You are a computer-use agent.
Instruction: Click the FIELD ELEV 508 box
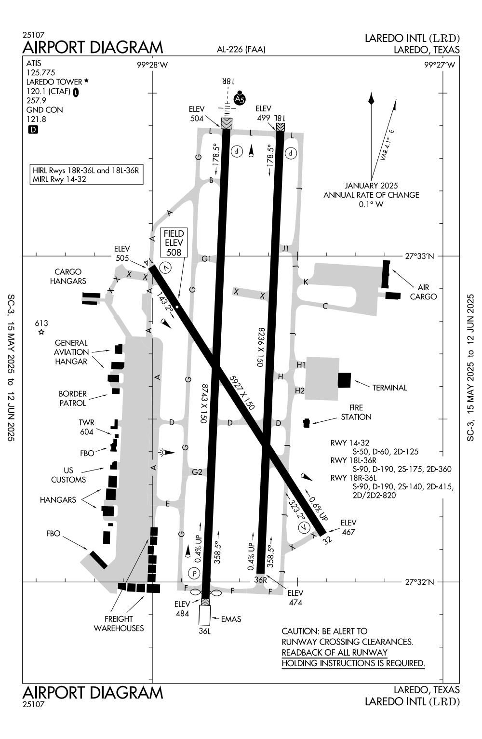[x=174, y=243]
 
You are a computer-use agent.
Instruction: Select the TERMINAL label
[x=389, y=388]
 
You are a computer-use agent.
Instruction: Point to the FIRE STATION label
[x=356, y=412]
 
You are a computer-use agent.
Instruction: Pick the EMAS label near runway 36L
[x=231, y=619]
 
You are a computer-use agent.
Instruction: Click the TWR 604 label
[x=87, y=428]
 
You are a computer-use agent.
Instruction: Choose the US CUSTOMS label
[x=68, y=475]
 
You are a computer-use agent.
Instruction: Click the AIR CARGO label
[x=423, y=292]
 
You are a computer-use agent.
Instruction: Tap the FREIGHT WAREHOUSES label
[x=119, y=623]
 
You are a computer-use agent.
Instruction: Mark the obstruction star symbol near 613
[x=41, y=332]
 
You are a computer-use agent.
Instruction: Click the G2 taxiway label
[x=197, y=472]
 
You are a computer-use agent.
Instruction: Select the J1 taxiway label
[x=285, y=249]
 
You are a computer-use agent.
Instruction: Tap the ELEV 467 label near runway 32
[x=348, y=527]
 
